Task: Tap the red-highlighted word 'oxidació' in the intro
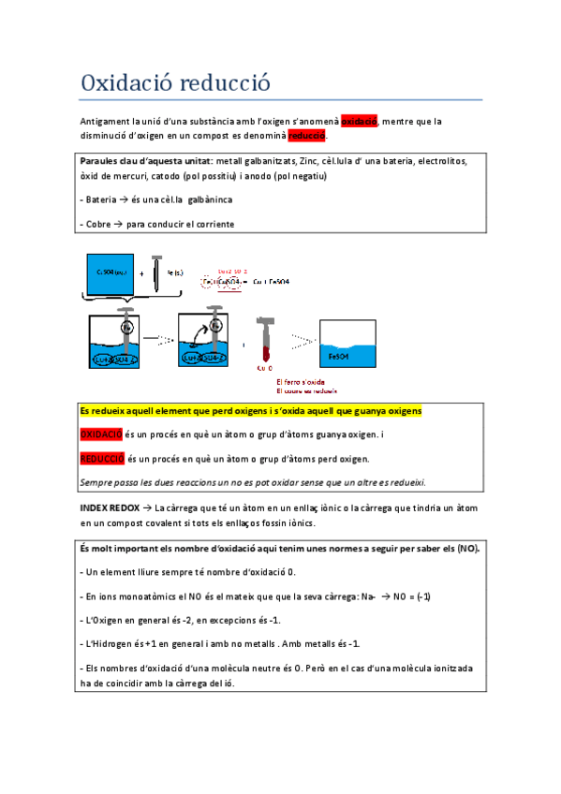click(359, 121)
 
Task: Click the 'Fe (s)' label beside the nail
click(175, 272)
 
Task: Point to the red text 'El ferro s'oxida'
click(300, 382)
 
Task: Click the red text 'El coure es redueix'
click(306, 390)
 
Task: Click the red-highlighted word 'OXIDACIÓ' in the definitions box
click(101, 434)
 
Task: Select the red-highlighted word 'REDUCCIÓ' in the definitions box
click(101, 459)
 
